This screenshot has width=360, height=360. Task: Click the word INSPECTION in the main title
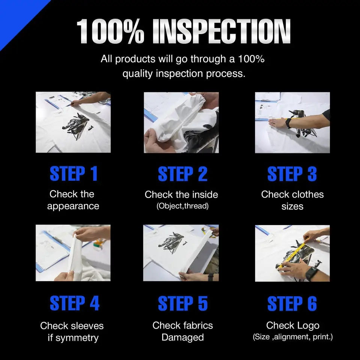(222, 31)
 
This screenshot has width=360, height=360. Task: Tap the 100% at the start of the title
(110, 31)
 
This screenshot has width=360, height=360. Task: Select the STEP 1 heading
(74, 174)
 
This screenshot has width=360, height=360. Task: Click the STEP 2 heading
(183, 174)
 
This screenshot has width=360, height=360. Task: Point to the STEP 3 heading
(292, 174)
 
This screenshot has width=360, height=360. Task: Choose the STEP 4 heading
(75, 303)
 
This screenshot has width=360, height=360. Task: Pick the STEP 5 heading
(183, 303)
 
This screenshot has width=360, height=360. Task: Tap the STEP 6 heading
(292, 303)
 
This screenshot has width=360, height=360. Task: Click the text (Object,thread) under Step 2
(183, 206)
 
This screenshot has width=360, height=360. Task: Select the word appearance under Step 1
(73, 206)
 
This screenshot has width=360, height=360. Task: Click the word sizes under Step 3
(292, 206)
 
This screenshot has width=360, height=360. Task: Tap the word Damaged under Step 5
(183, 337)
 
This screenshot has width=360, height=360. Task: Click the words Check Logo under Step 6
(293, 325)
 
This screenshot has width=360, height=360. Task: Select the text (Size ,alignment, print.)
(293, 337)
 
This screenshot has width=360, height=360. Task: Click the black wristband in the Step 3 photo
(288, 123)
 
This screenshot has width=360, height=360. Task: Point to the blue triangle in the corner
(16, 16)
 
